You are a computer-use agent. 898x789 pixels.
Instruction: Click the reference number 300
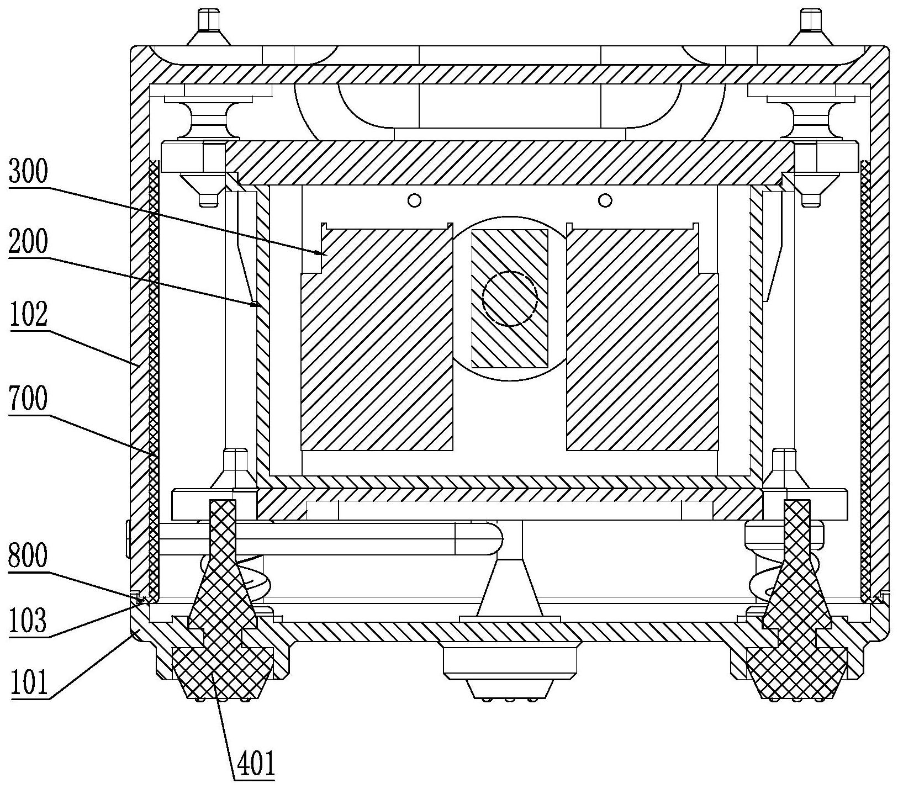click(x=28, y=173)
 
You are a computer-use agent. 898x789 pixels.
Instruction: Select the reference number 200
click(x=28, y=242)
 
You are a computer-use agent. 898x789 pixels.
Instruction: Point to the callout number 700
click(x=28, y=398)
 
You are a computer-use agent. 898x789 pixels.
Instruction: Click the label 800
click(x=28, y=557)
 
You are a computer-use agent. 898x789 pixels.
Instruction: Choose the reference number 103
click(x=28, y=620)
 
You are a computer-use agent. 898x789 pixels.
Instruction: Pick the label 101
click(x=28, y=682)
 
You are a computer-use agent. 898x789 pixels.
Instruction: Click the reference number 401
click(x=255, y=764)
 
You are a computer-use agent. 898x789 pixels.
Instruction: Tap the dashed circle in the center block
click(x=509, y=299)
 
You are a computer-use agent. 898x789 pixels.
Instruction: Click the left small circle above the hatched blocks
click(x=414, y=200)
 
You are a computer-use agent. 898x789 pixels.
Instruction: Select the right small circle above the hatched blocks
click(x=605, y=200)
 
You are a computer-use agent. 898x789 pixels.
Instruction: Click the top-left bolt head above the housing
click(x=209, y=22)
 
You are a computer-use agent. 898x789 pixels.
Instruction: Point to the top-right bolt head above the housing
click(x=811, y=22)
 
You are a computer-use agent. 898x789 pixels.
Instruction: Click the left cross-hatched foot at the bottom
click(x=223, y=668)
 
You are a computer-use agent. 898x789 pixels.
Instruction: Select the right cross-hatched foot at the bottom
click(x=796, y=668)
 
